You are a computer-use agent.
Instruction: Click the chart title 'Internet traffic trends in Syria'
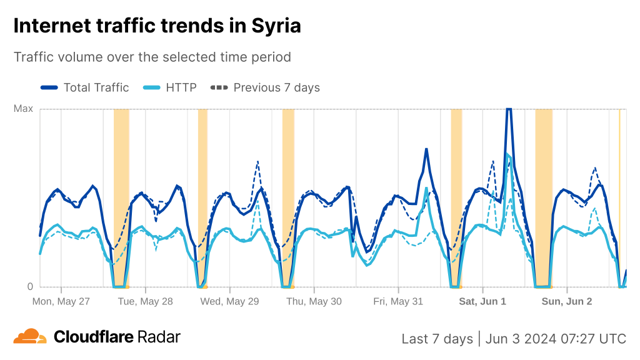click(x=157, y=26)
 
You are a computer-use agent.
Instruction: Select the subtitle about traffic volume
click(x=152, y=57)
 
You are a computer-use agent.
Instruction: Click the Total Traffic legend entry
click(x=85, y=87)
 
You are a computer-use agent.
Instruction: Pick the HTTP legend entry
click(x=170, y=87)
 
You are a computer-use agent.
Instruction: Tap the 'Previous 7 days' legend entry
click(x=266, y=87)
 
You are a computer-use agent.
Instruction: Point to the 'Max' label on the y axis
click(x=23, y=109)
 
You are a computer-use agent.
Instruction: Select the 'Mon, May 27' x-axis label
click(x=61, y=301)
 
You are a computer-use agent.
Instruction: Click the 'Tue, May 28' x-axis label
click(x=146, y=301)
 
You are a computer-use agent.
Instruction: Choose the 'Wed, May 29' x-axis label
click(x=229, y=301)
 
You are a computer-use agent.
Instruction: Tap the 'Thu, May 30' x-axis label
click(x=314, y=301)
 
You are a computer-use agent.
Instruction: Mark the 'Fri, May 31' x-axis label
click(x=398, y=301)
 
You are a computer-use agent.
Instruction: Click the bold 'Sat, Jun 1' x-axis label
click(x=482, y=301)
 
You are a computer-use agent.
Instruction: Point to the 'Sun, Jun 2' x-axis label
click(x=567, y=301)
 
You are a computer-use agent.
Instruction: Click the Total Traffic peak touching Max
click(x=509, y=110)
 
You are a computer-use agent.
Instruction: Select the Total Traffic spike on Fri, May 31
click(x=426, y=149)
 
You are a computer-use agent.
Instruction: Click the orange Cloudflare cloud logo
click(x=30, y=337)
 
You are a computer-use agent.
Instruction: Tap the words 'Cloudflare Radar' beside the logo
click(x=117, y=337)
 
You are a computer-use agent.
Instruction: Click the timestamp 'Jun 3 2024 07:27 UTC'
click(x=555, y=339)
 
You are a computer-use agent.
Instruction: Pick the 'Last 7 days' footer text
click(x=437, y=339)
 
